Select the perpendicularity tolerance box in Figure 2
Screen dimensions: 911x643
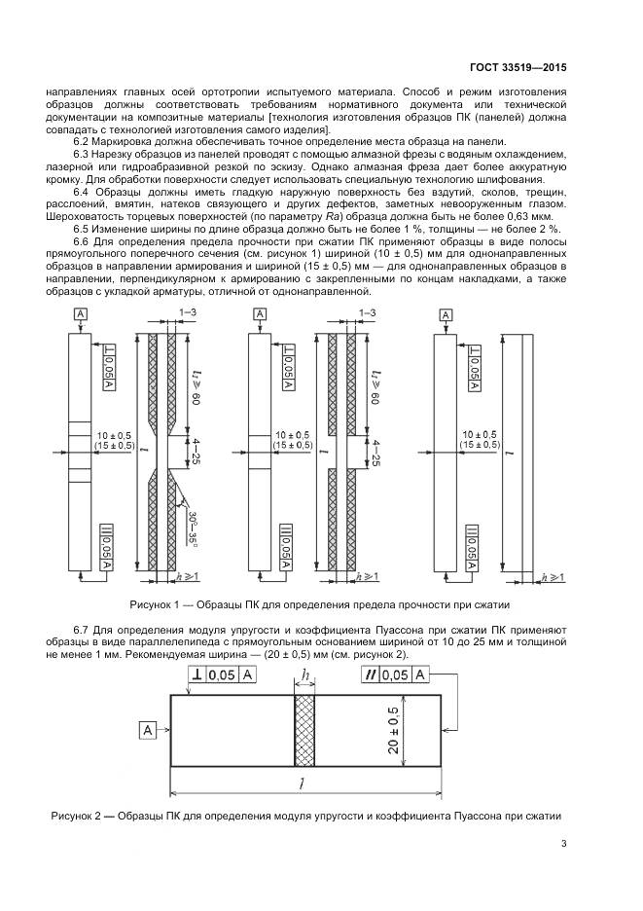tap(221, 675)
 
